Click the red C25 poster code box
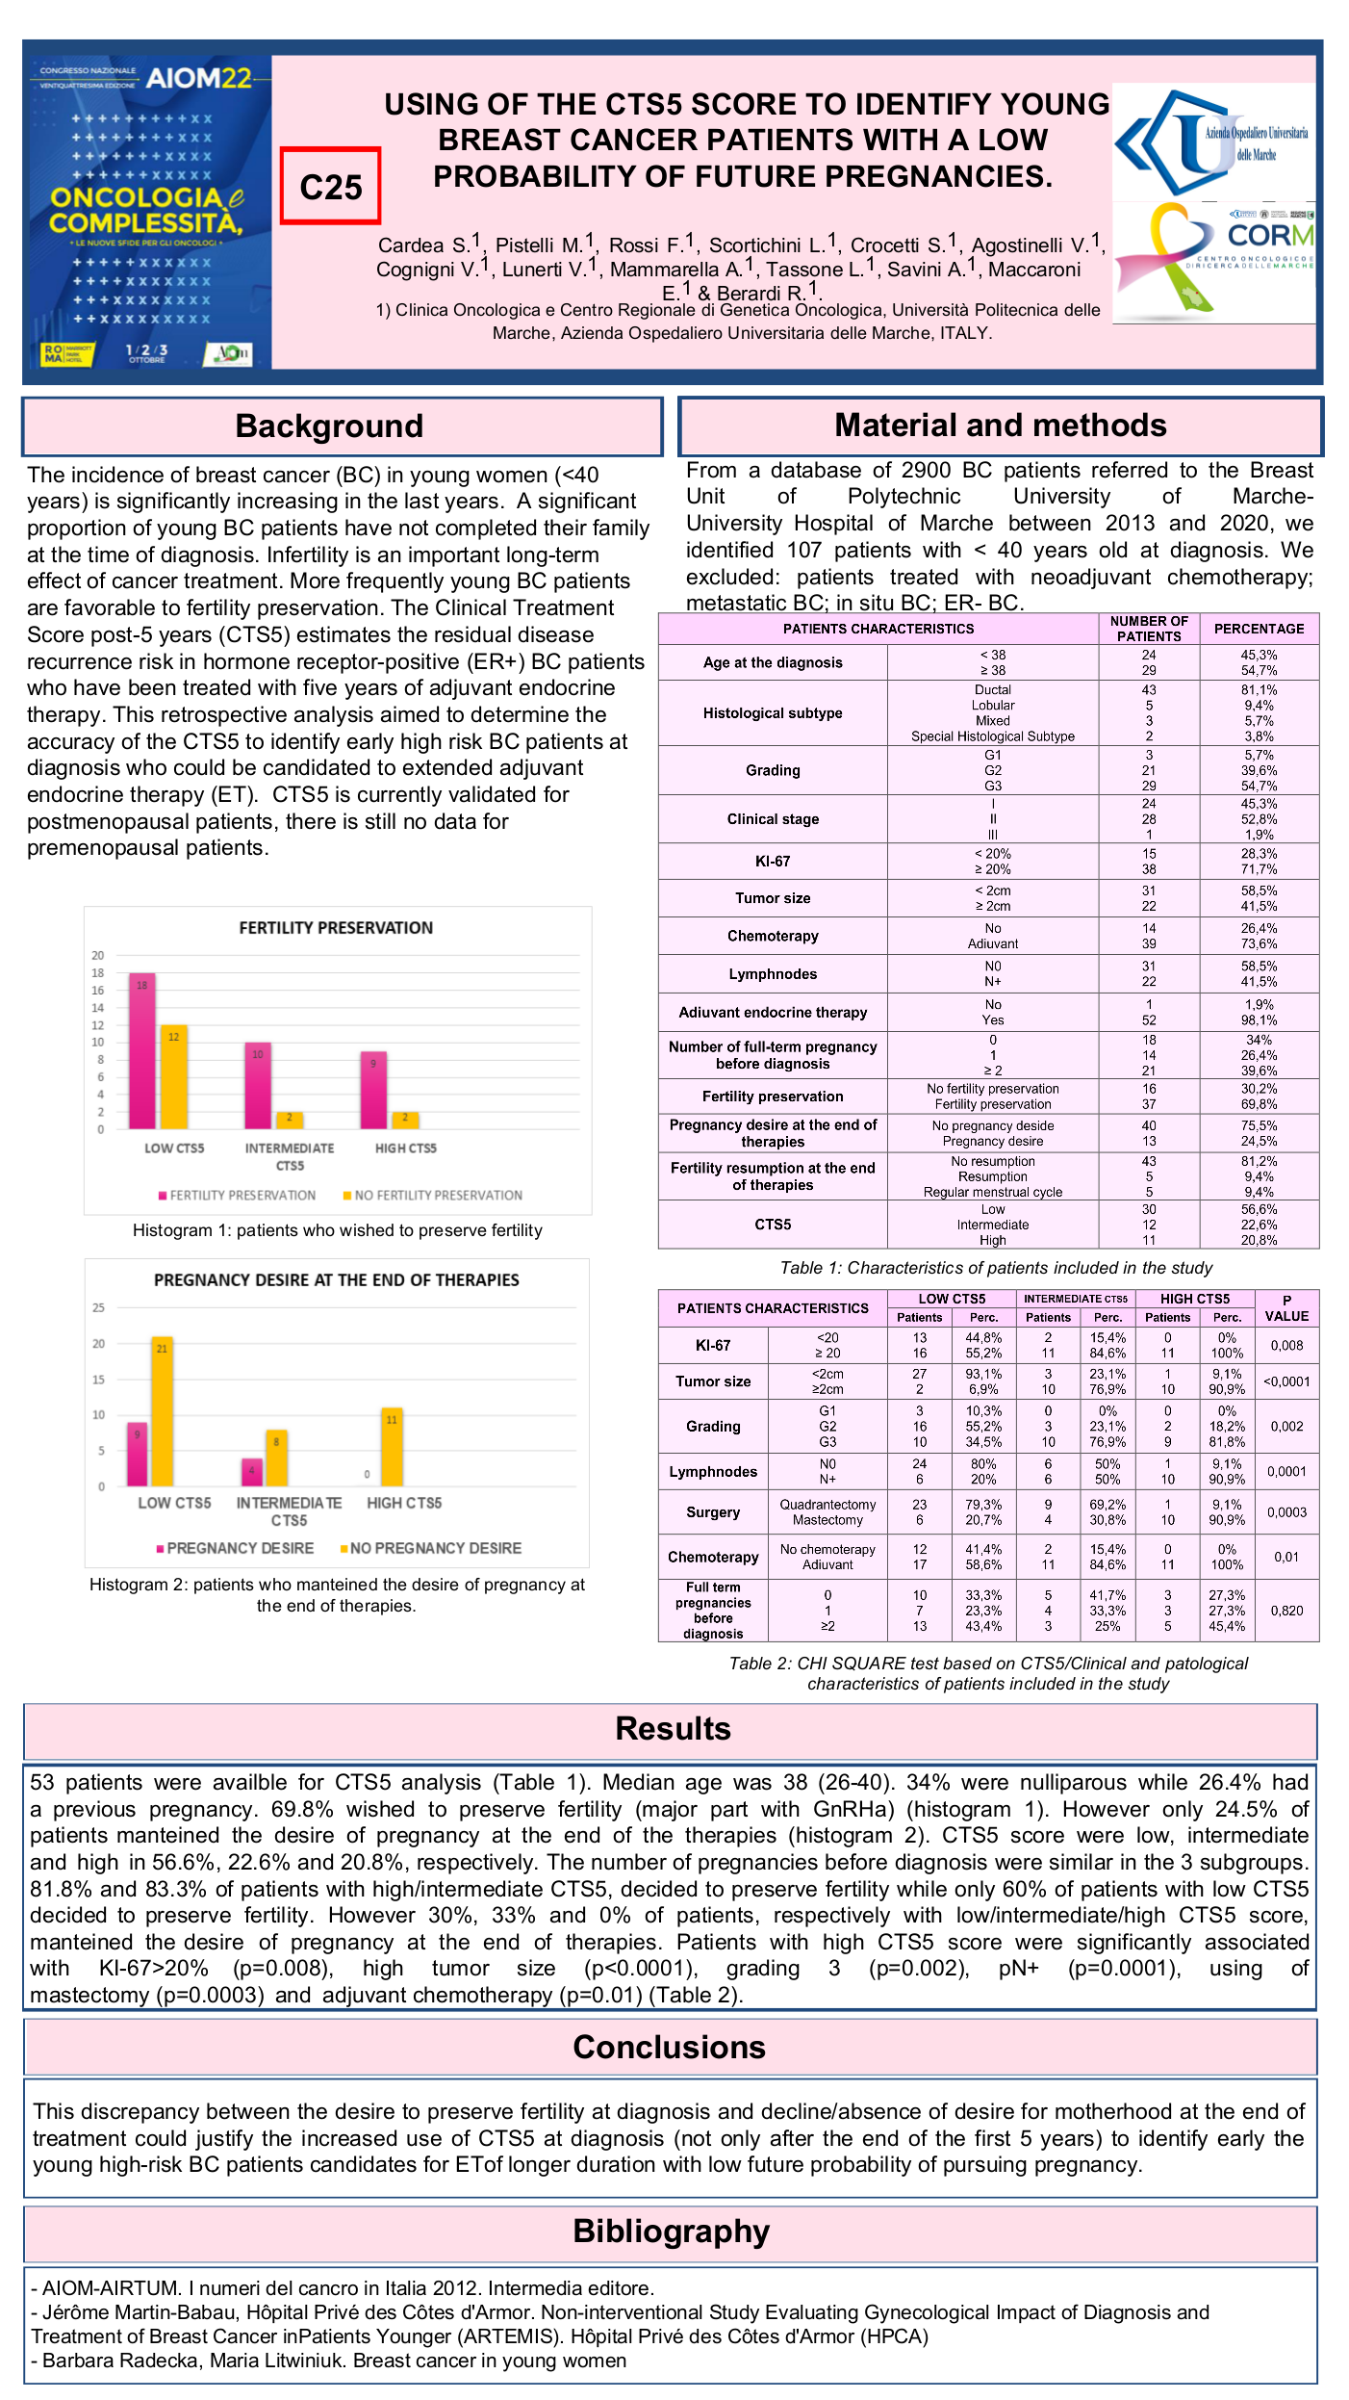click(x=330, y=186)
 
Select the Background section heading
click(x=329, y=426)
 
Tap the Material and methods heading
click(x=1000, y=426)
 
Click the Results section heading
click(x=673, y=1729)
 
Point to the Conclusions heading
click(x=670, y=2048)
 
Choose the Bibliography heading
click(x=672, y=2232)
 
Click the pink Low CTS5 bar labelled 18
click(x=142, y=1051)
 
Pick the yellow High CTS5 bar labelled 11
click(x=392, y=1447)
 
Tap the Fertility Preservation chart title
click(x=336, y=928)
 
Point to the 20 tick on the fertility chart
click(x=98, y=956)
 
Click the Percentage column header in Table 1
click(x=1259, y=629)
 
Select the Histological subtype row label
click(x=773, y=713)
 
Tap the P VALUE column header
click(x=1286, y=1308)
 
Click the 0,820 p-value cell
click(x=1286, y=1611)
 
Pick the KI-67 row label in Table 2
click(x=713, y=1346)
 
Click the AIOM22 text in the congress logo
click(x=198, y=78)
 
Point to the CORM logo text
click(x=1270, y=236)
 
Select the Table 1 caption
click(x=996, y=1268)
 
